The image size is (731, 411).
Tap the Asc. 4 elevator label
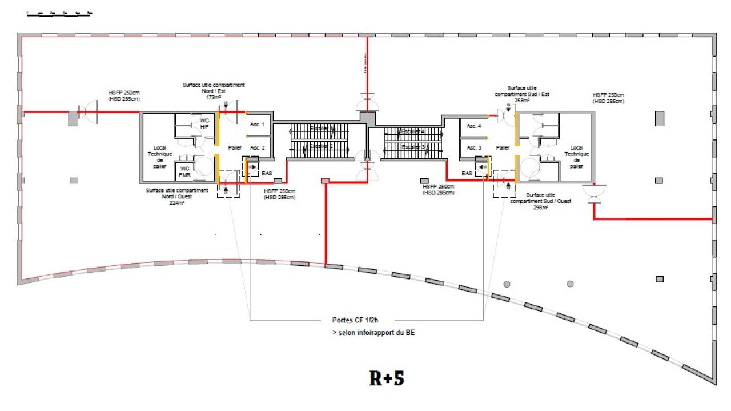pos(473,126)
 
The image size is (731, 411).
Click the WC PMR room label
pos(184,171)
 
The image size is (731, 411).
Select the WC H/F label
pos(204,123)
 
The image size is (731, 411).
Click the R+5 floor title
pos(387,378)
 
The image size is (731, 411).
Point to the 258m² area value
pos(521,100)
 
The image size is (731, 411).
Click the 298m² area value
pos(540,208)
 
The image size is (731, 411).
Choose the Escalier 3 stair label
pos(412,146)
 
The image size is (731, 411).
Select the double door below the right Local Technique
pos(594,194)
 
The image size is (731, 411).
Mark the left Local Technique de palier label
pos(159,157)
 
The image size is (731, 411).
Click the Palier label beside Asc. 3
pos(503,147)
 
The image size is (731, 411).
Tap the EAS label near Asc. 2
pos(267,173)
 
